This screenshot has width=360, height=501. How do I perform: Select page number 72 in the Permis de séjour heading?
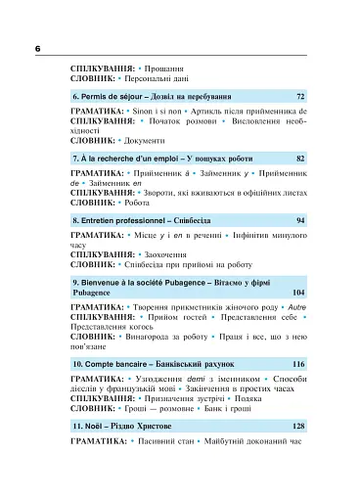click(300, 98)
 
